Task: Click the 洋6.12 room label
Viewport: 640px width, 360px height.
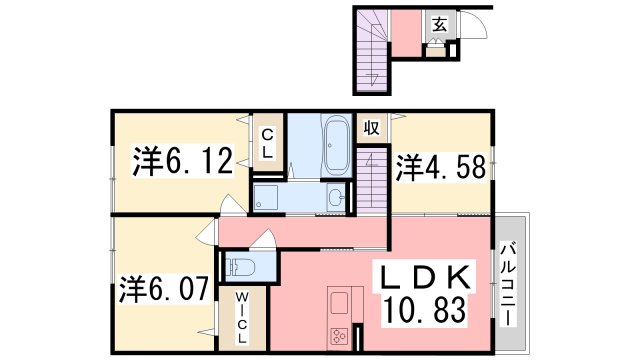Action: [182, 160]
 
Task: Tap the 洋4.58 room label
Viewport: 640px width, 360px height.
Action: [441, 167]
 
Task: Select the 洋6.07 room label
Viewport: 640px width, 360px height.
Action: [164, 289]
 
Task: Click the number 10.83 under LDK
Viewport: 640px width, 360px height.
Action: [424, 310]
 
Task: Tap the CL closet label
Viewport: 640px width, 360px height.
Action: [267, 143]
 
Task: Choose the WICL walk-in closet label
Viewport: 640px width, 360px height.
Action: [242, 318]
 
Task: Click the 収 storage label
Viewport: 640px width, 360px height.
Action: [371, 128]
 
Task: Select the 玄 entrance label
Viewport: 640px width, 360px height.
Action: [439, 25]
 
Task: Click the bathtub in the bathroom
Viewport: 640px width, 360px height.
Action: [337, 145]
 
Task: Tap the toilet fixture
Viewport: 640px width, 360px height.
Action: [240, 267]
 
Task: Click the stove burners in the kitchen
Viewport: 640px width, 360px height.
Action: [339, 337]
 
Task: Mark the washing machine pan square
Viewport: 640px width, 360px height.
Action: [266, 198]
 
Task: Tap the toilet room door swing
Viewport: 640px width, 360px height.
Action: [264, 239]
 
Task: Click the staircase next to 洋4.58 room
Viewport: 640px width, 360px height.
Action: [372, 181]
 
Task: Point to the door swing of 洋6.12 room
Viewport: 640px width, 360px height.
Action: [233, 203]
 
